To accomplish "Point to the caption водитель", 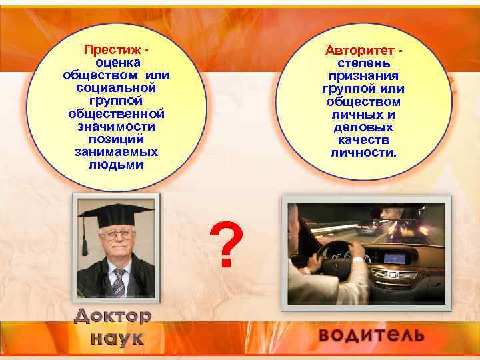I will (371, 334).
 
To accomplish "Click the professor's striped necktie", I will (118, 282).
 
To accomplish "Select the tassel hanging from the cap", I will (85, 240).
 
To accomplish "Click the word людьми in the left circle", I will (116, 164).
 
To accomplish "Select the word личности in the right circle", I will (363, 153).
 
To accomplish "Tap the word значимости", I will (116, 126).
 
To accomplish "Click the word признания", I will (363, 76).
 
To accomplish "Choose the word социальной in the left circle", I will (116, 87).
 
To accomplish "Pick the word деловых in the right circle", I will (363, 127).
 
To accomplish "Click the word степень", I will (363, 63).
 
